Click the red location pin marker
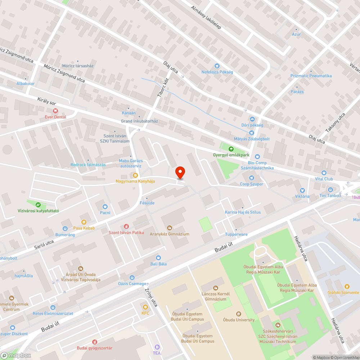(180, 173)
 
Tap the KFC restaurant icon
(145, 307)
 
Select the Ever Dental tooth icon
(55, 111)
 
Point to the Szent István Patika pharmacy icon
(126, 226)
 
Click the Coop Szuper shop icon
(251, 178)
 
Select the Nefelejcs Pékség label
(217, 72)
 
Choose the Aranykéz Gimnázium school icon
(170, 228)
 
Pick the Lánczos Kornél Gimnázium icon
(216, 288)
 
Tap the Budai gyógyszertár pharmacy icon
(95, 342)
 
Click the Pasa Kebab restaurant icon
(84, 222)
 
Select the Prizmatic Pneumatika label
(311, 76)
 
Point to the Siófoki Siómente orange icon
(347, 287)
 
